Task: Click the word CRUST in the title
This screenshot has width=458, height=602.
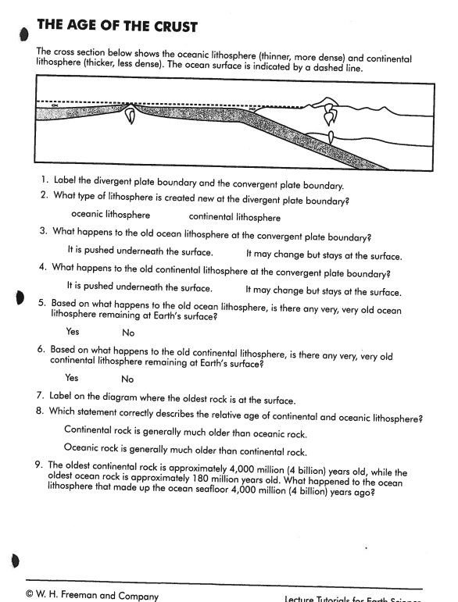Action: coord(169,27)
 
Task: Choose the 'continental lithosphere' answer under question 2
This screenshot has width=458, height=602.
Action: coord(234,218)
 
